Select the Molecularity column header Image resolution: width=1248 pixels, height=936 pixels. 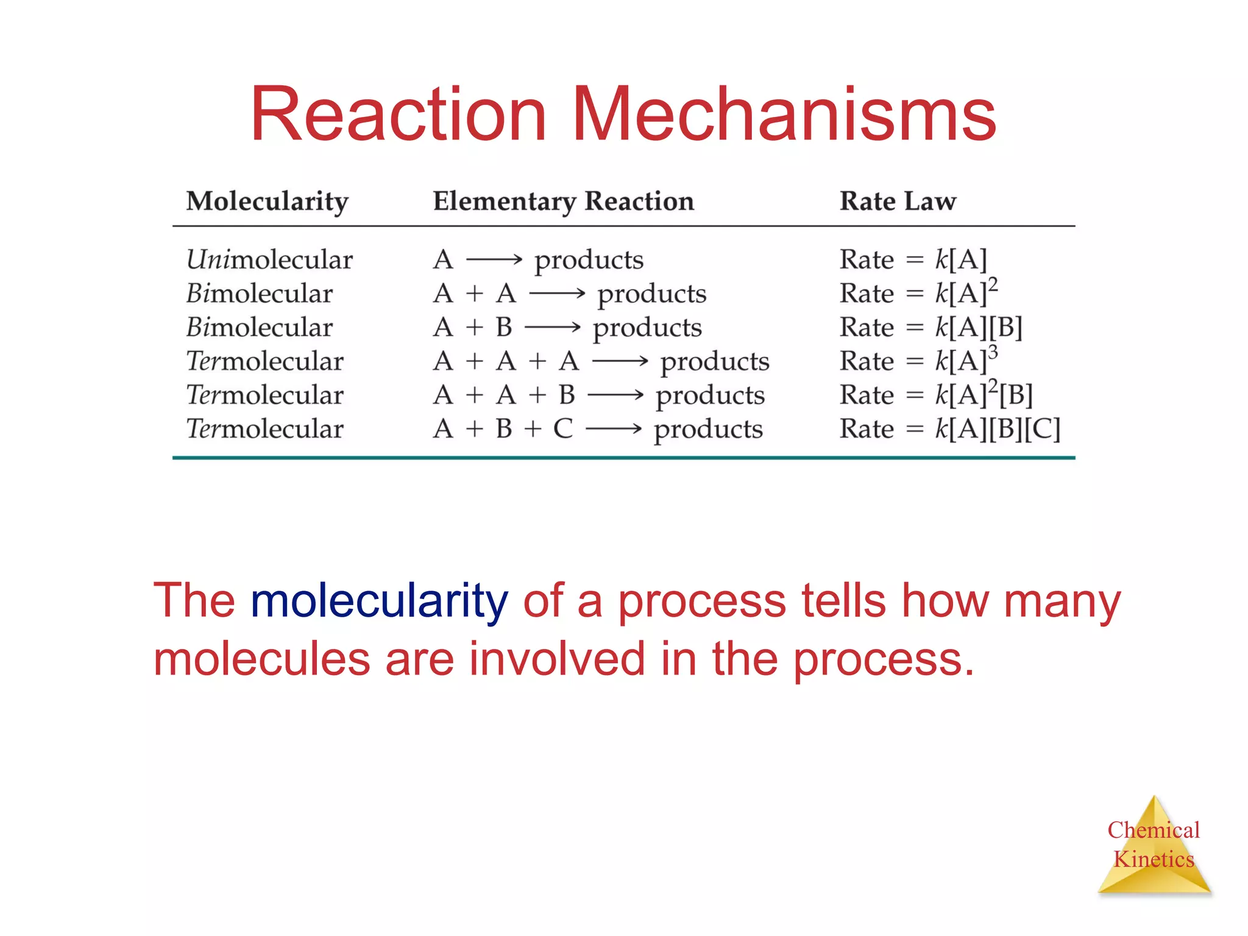[x=268, y=202]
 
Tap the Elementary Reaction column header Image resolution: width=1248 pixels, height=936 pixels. [x=564, y=202]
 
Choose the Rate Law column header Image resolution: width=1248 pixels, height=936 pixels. [x=898, y=202]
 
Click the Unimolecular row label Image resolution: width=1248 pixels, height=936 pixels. [x=269, y=260]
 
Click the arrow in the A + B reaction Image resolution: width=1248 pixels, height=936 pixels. [x=552, y=328]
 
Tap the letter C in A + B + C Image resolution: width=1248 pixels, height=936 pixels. [x=563, y=429]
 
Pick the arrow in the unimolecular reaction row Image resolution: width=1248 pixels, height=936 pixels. [x=494, y=260]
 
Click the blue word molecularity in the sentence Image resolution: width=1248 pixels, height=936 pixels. [x=379, y=600]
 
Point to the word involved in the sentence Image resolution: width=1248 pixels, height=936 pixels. [x=556, y=659]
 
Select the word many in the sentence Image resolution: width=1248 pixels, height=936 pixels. [x=1062, y=600]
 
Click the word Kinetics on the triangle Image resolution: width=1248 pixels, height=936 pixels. [x=1154, y=859]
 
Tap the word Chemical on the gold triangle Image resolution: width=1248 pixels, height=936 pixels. [x=1154, y=830]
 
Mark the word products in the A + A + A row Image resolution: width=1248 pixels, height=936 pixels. [x=715, y=362]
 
